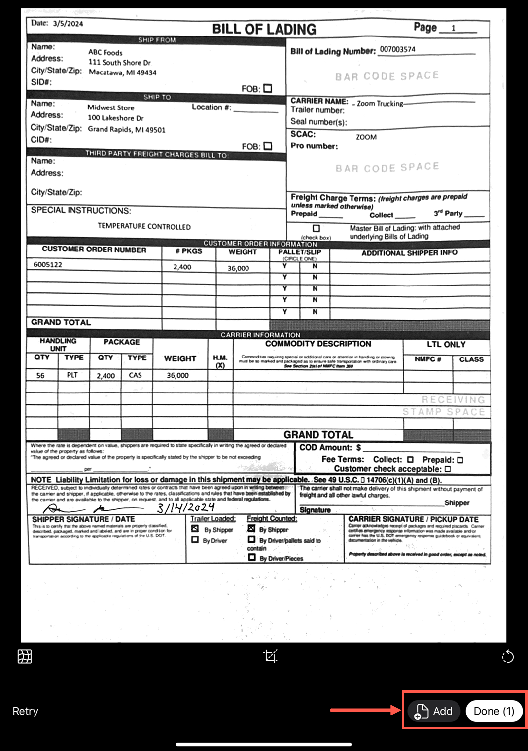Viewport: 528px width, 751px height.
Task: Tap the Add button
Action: click(x=434, y=711)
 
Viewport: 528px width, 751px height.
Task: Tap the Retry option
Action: click(x=25, y=711)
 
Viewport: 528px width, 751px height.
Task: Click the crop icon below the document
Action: click(x=270, y=656)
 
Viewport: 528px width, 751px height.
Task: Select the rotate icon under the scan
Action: click(x=507, y=657)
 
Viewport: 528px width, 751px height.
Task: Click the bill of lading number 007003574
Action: click(x=397, y=49)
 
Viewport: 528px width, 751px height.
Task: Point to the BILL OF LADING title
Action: click(x=264, y=29)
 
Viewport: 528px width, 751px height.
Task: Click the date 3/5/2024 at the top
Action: click(x=68, y=23)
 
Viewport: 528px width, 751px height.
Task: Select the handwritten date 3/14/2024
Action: click(x=186, y=507)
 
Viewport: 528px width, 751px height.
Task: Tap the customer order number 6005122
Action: click(x=48, y=264)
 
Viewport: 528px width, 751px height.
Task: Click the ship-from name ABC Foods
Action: click(x=106, y=52)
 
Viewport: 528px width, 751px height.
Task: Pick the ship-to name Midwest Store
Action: click(x=111, y=107)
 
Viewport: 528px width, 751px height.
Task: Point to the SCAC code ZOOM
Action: click(x=366, y=137)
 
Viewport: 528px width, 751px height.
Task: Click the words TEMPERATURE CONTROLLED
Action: click(x=144, y=226)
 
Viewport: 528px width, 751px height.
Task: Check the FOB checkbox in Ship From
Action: click(x=268, y=88)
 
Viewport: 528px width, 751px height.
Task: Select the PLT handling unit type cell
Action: click(x=72, y=375)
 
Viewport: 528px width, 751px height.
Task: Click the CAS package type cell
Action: click(x=135, y=375)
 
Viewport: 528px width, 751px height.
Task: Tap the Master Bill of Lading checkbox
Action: click(x=316, y=228)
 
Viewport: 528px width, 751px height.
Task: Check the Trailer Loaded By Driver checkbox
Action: click(x=195, y=540)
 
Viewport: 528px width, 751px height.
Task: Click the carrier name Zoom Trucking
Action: click(x=380, y=103)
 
